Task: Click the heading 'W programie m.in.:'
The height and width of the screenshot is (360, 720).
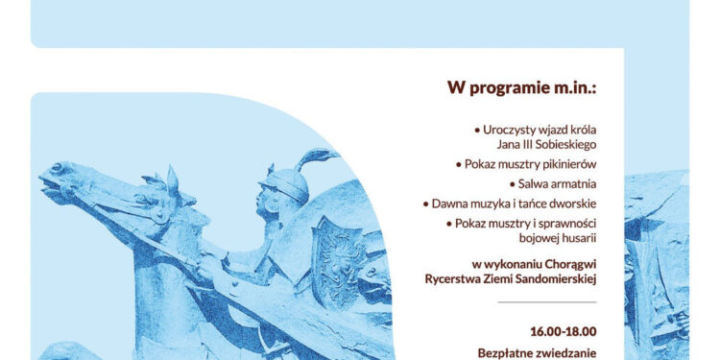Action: coord(521,87)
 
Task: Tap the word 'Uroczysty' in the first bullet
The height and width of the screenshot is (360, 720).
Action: coord(509,129)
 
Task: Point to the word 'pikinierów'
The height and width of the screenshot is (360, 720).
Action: coord(565,164)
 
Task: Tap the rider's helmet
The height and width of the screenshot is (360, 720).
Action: coord(285,182)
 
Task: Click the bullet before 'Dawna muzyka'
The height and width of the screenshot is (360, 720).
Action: coord(425,204)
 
